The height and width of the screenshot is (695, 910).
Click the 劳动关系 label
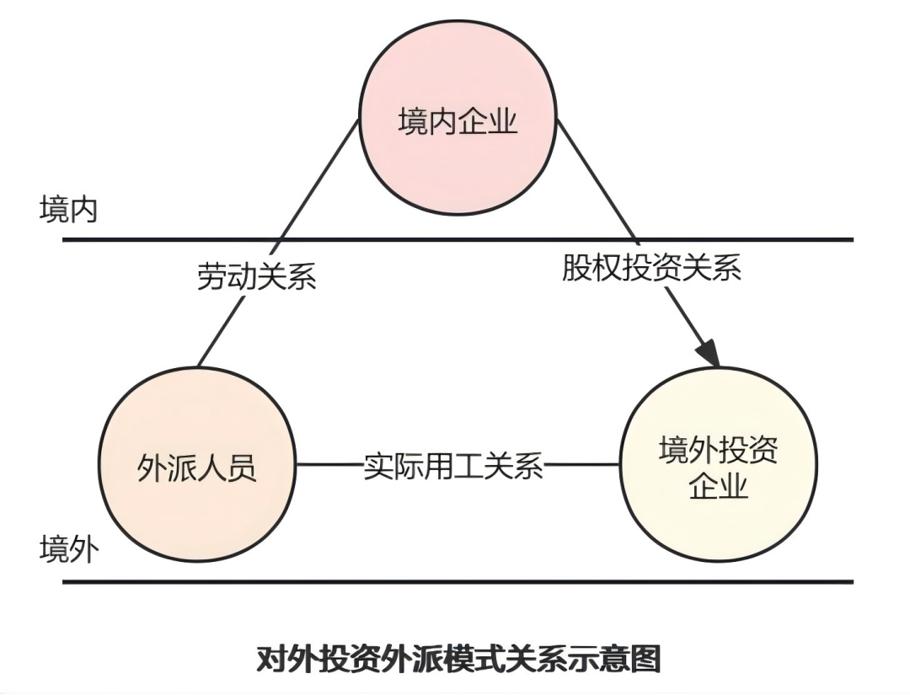coord(256,275)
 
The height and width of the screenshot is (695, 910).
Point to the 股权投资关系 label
coord(651,267)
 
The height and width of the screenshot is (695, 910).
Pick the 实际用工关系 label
coord(453,465)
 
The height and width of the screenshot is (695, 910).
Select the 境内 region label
coord(68,210)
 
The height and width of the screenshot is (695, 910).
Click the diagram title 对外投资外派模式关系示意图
coord(458,659)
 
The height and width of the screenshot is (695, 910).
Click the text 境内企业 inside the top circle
coord(458,123)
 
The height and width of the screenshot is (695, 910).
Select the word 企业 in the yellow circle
coord(718,486)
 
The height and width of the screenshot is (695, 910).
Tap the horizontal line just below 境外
coord(458,581)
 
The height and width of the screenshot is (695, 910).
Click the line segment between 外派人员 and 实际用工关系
coord(329,464)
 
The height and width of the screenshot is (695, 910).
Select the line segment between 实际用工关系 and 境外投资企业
coord(581,464)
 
